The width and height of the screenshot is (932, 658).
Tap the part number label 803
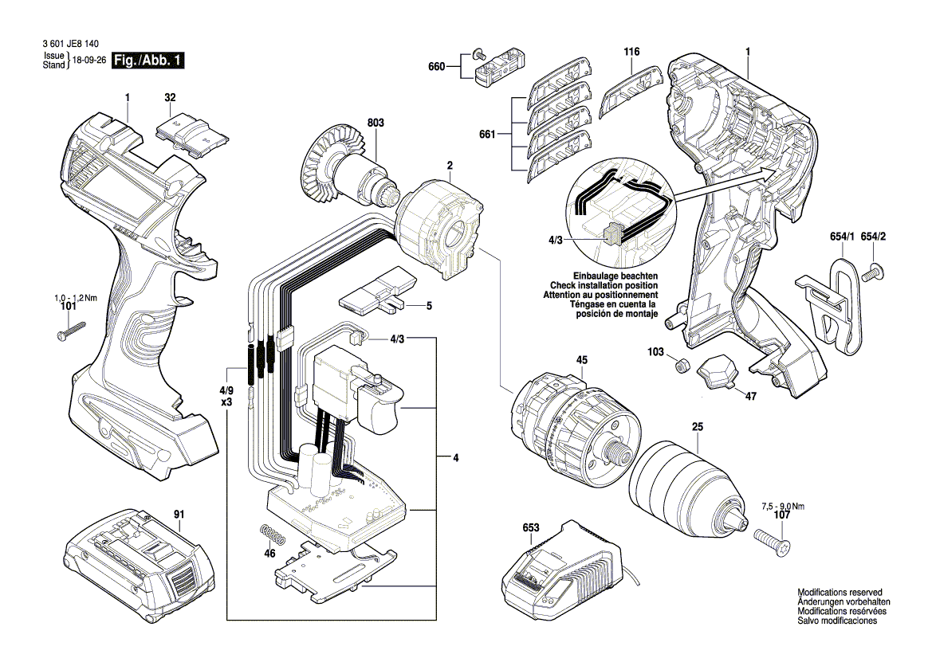pos(376,123)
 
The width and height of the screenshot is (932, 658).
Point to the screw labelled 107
pos(769,547)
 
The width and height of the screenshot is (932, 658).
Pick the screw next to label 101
pos(71,330)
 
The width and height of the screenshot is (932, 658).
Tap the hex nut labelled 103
pos(681,366)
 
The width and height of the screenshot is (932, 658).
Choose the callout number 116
pos(631,52)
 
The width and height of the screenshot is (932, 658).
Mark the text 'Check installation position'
pos(604,285)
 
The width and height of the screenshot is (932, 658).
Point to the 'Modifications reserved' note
pos(840,593)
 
